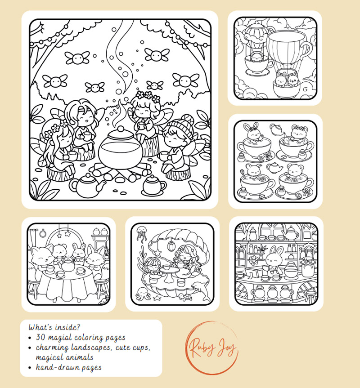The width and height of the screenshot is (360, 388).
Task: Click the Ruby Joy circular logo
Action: click(211, 348)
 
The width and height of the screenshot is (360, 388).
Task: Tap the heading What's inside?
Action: click(54, 327)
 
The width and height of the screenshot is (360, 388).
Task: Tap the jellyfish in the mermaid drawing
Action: click(142, 233)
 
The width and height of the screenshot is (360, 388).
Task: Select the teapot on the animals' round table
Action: click(68, 264)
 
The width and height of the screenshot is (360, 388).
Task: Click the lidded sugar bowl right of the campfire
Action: click(153, 186)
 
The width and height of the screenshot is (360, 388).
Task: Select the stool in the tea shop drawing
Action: click(310, 296)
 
